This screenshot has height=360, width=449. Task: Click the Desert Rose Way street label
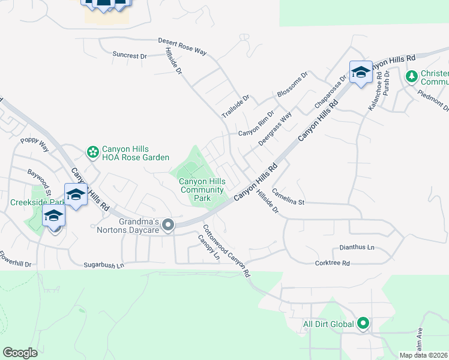[x=182, y=47]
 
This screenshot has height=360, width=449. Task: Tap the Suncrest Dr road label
[x=130, y=55]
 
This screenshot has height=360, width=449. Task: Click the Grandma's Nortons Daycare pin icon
[x=168, y=226]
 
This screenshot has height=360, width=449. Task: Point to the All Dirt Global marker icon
[x=363, y=324]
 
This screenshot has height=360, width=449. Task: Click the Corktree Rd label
[x=332, y=263]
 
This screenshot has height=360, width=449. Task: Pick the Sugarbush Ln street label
[x=103, y=264]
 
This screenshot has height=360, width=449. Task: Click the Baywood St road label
[x=41, y=181]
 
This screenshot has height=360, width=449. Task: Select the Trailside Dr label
[x=235, y=106]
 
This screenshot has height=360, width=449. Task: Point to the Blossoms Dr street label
[x=292, y=85]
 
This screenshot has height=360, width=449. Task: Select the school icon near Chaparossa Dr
[x=361, y=73]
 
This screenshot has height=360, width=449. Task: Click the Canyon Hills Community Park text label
[x=203, y=190]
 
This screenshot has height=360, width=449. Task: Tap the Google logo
[x=20, y=353]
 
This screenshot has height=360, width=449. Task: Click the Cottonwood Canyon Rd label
[x=226, y=250]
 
